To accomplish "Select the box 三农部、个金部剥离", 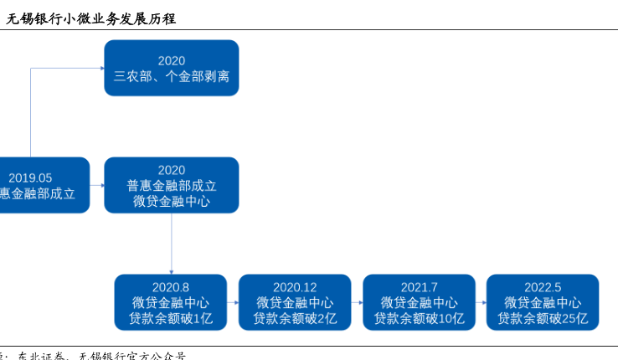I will [171, 68].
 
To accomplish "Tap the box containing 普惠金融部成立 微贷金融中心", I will [171, 185].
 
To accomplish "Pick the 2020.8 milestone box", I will [171, 302].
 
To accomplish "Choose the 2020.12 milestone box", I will [295, 302].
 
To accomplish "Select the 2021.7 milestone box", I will [419, 302].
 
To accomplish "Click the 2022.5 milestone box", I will [543, 302].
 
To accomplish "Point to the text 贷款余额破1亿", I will [171, 318].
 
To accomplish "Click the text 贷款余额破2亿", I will [295, 318].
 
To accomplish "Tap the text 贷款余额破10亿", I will [419, 318].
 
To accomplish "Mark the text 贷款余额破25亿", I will [543, 318].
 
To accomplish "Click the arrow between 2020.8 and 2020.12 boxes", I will [233, 302].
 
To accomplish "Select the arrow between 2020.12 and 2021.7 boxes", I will [357, 302].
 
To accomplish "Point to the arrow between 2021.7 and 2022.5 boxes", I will [481, 302].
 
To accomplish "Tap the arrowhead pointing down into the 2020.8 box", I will [171, 270].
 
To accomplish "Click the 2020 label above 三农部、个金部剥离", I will [171, 60].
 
